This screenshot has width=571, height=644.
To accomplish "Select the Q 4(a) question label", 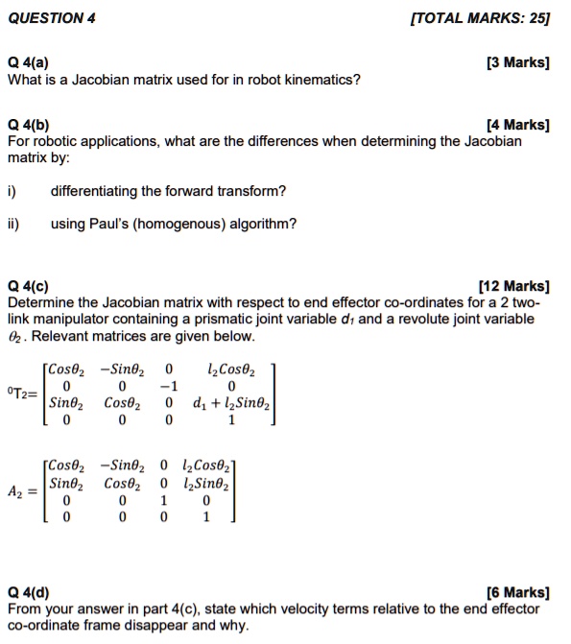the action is [28, 63].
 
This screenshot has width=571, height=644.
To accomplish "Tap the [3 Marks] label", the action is [518, 63].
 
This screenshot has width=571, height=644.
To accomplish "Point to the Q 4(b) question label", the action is [29, 125].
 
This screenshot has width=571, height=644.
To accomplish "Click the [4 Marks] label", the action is [518, 125].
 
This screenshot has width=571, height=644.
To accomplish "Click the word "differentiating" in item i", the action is [94, 191].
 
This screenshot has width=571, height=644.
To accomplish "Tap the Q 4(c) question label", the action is [28, 286].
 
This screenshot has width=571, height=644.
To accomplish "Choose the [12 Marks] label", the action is [514, 286].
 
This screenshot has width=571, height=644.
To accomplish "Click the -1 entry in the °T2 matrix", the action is [168, 385].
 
